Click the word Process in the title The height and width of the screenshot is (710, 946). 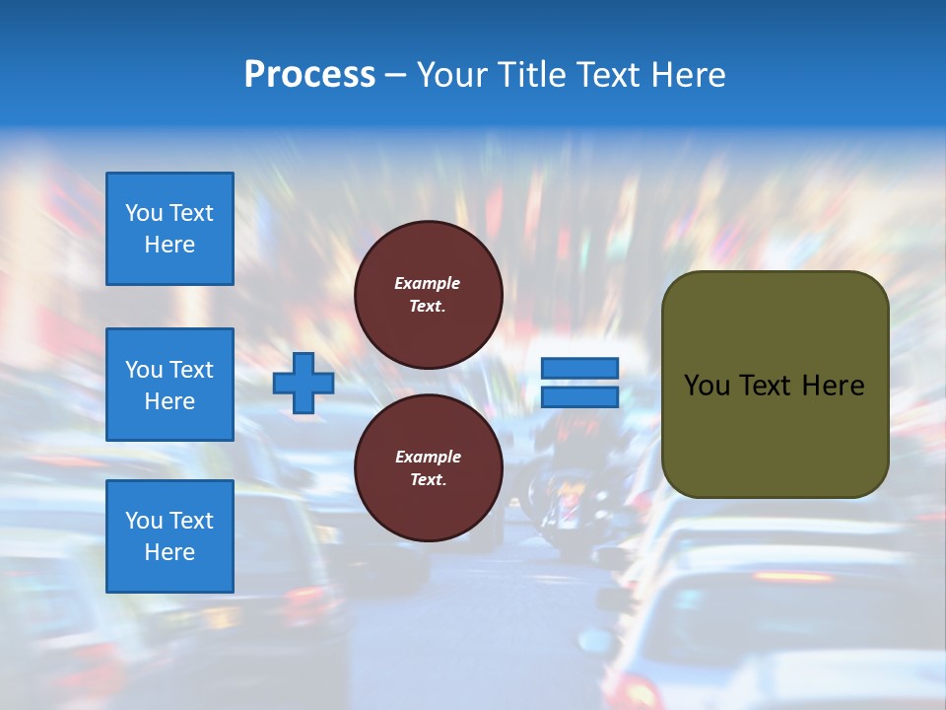pos(309,75)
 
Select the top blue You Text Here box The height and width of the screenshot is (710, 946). pos(169,229)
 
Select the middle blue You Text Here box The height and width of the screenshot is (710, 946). pos(169,385)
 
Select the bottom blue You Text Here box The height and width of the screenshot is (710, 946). pos(169,536)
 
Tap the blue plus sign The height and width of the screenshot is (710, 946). pos(303,383)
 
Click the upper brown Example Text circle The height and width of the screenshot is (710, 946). pos(428,295)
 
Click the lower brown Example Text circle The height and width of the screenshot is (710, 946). pos(428,468)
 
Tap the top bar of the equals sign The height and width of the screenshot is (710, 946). pos(579,369)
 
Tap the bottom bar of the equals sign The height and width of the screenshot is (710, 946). pos(579,397)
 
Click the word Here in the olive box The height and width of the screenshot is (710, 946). pos(833,386)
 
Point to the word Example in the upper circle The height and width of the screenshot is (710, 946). pos(428,283)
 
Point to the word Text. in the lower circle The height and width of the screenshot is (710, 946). pos(428,480)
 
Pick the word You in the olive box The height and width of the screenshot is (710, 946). pos(707,386)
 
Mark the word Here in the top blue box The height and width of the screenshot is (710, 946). pos(169,245)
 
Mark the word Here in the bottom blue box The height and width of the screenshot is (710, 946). pos(169,552)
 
